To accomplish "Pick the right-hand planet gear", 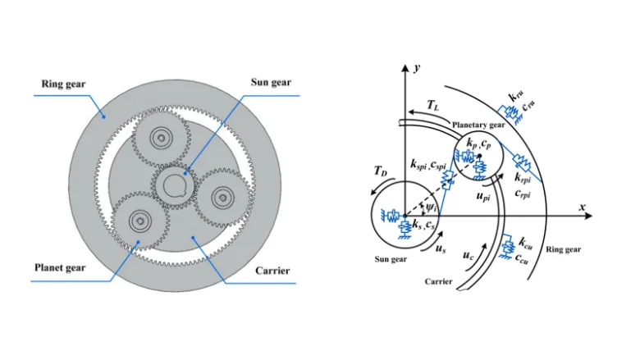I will point(221,197).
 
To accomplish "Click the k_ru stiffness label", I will point(519,97).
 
